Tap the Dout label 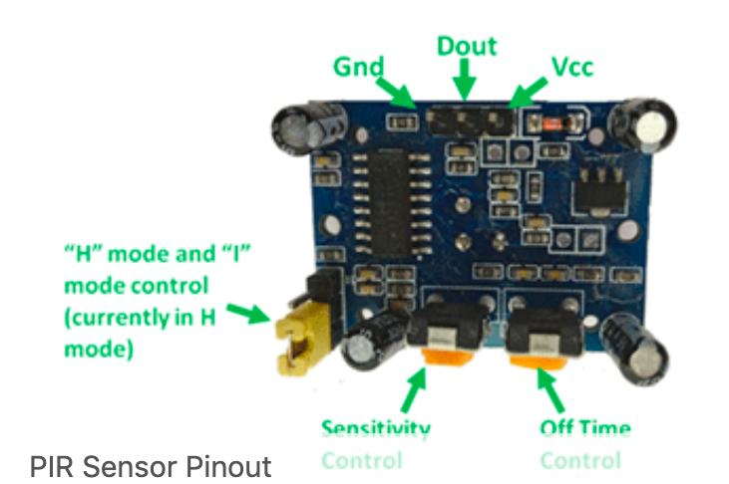467,46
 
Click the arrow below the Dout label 463,80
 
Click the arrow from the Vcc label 530,95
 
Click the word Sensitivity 375,428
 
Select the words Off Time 584,428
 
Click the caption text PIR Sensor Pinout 150,465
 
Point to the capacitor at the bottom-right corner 634,347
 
